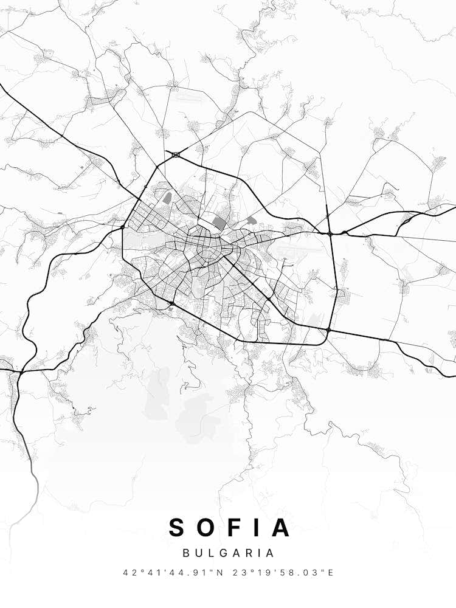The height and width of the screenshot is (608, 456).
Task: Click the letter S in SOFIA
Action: tap(177, 527)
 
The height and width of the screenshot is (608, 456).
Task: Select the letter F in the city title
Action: tap(237, 527)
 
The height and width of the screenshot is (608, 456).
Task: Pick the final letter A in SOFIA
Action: tap(281, 527)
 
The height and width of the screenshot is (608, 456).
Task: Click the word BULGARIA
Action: tap(228, 553)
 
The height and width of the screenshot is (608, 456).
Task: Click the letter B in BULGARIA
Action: tap(185, 553)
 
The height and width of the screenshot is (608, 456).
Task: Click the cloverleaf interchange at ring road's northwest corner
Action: tap(176, 155)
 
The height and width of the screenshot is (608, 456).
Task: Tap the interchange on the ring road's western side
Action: tap(123, 227)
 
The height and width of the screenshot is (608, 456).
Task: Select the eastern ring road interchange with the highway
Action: tap(330, 233)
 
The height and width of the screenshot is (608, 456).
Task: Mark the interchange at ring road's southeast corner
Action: tap(328, 330)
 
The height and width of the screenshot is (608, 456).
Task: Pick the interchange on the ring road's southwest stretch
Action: tap(172, 303)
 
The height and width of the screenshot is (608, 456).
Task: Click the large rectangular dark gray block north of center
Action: tap(218, 223)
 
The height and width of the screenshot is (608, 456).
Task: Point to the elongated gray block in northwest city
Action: tap(167, 198)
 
